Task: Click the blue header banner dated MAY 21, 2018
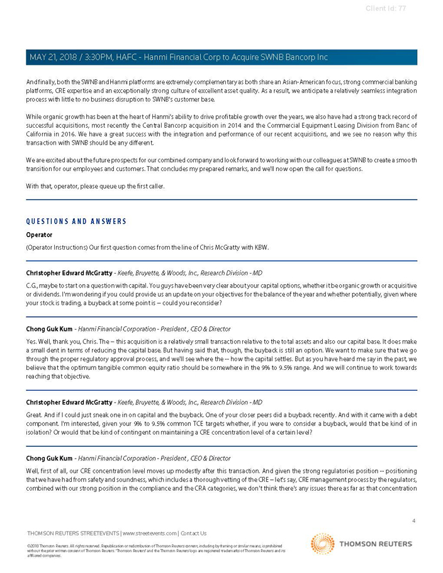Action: [221, 57]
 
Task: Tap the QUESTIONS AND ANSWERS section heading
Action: [76, 221]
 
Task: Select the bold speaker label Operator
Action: [39, 235]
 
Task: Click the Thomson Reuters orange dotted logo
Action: [323, 544]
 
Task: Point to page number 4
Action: [413, 521]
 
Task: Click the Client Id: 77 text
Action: [386, 8]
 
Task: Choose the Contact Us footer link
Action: [193, 533]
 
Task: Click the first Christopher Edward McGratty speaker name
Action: [69, 273]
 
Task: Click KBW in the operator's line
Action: [261, 247]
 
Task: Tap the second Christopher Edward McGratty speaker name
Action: [69, 403]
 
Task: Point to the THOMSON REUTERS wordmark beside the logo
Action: [376, 544]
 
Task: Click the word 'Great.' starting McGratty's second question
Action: [35, 416]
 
